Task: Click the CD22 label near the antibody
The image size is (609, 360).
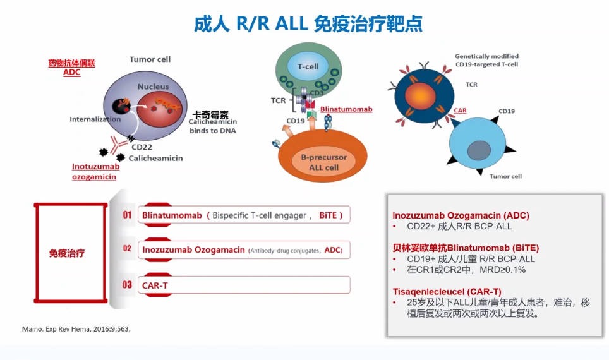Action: tap(142, 147)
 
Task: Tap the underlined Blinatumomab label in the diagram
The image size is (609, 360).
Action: tap(346, 109)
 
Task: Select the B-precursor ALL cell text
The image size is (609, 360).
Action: tap(323, 162)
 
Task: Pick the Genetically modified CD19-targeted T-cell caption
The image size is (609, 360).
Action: tap(486, 60)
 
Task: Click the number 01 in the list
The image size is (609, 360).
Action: tap(127, 215)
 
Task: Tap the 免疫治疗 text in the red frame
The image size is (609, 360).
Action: tap(67, 253)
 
